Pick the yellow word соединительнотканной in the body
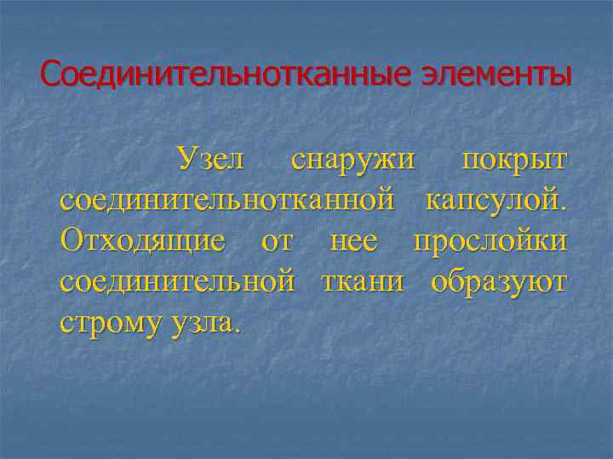pyautogui.click(x=227, y=201)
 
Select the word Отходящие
pyautogui.click(x=144, y=241)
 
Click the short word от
pyautogui.click(x=276, y=241)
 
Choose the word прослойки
pyautogui.click(x=490, y=241)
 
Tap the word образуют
pyautogui.click(x=497, y=281)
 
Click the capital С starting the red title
pyautogui.click(x=50, y=75)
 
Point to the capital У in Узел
pyautogui.click(x=184, y=159)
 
